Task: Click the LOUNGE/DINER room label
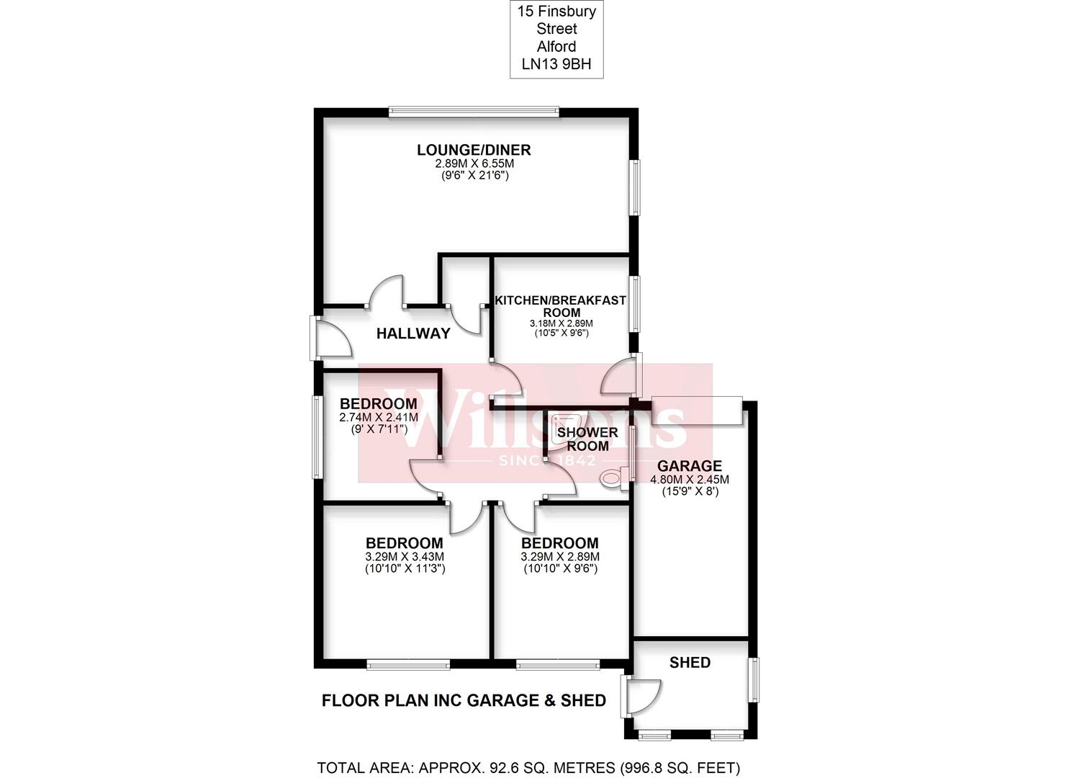(474, 150)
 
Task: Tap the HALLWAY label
(413, 334)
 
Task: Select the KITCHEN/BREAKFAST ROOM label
(561, 306)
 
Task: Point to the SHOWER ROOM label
(587, 439)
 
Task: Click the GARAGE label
(690, 465)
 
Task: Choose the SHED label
(690, 663)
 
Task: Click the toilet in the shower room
(615, 478)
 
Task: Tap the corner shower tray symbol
(570, 426)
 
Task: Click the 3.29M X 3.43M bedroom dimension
(405, 556)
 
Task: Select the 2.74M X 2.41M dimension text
(379, 417)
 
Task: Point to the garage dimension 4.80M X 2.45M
(690, 479)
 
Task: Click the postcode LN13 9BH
(556, 64)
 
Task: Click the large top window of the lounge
(474, 112)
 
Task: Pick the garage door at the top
(698, 411)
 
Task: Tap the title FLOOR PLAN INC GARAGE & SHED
(464, 700)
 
